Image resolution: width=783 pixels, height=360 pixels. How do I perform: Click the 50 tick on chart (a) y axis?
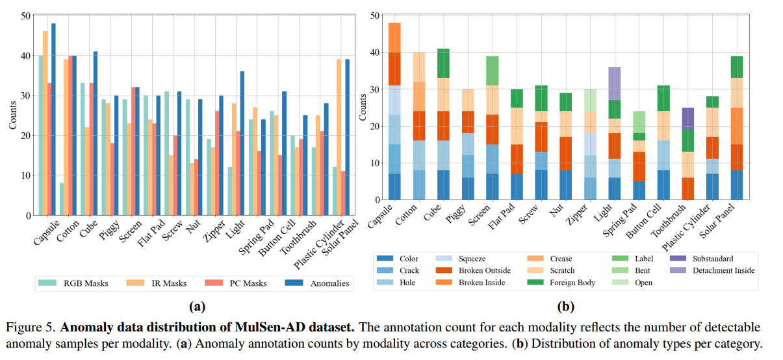tap(26, 16)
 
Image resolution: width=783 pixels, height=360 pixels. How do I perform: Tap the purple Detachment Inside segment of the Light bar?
tap(614, 83)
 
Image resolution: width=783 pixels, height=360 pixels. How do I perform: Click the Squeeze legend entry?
tap(464, 258)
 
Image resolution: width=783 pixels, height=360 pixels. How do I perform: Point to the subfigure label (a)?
tap(196, 305)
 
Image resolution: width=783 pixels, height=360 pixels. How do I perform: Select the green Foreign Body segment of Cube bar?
tap(443, 64)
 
